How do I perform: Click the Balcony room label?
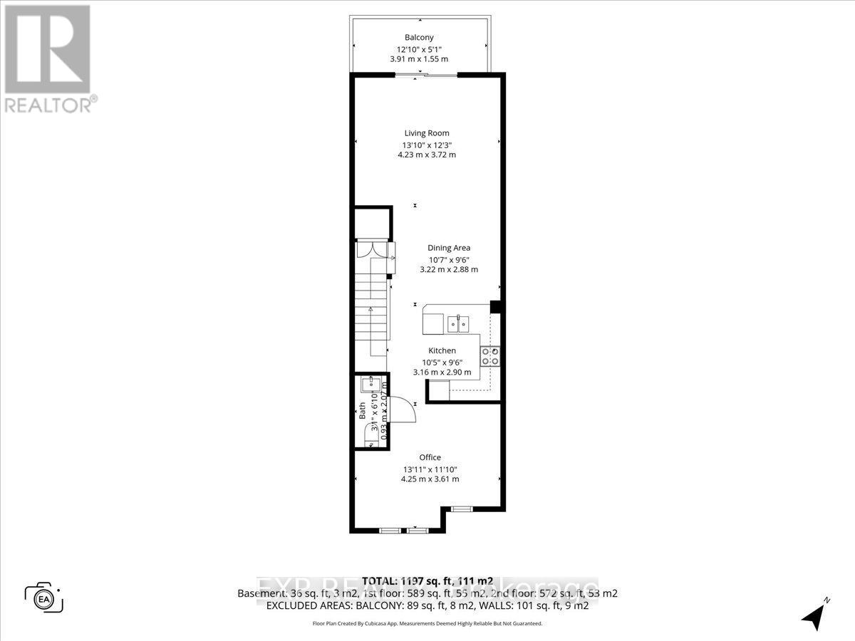click(x=420, y=38)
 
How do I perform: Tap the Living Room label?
click(x=427, y=133)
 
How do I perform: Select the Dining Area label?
click(x=448, y=248)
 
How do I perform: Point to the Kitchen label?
click(x=442, y=350)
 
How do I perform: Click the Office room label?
click(x=430, y=457)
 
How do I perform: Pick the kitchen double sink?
click(x=458, y=325)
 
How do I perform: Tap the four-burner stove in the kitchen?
click(x=489, y=356)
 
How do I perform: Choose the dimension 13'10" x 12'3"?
click(x=426, y=145)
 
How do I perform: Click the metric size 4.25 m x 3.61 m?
click(x=430, y=479)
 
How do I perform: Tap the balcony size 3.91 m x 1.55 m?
click(x=419, y=59)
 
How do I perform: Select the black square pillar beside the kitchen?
click(x=497, y=307)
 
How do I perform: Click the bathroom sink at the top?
click(x=370, y=385)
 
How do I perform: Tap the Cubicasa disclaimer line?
click(x=427, y=623)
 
